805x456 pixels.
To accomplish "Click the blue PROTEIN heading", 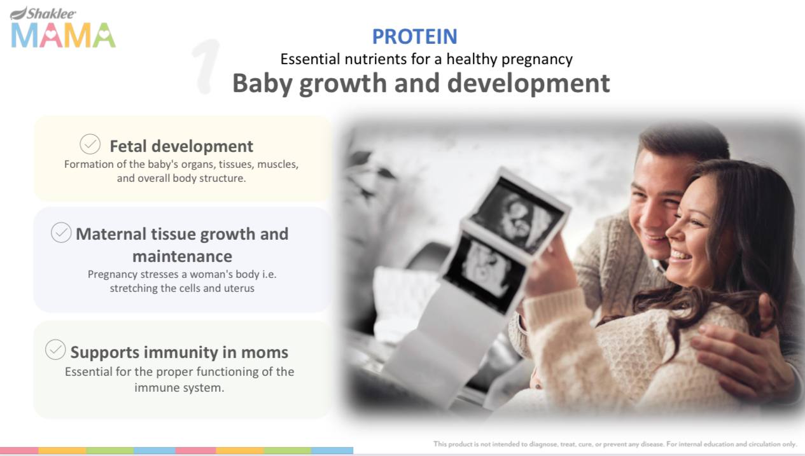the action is [x=414, y=36].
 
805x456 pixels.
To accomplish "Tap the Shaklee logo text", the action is [x=51, y=13].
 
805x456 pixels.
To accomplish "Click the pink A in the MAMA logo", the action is [x=51, y=35].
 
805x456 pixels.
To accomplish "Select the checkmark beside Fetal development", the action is [x=90, y=144].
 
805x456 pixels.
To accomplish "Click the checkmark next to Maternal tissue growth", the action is [x=61, y=232].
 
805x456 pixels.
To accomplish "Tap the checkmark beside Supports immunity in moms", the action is [x=55, y=349].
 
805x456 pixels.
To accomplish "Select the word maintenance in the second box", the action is [x=182, y=257].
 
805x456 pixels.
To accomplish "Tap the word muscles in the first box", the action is [x=278, y=165].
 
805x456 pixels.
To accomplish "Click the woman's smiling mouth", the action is [x=680, y=256].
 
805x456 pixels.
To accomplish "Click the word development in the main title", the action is [x=529, y=84].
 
